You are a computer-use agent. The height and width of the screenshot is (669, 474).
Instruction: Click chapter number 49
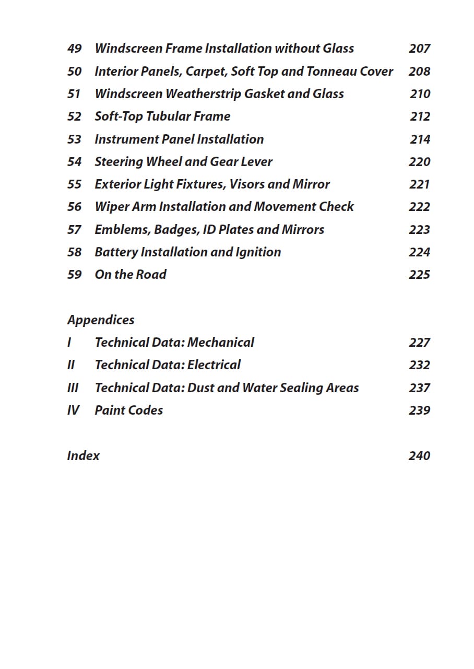75,49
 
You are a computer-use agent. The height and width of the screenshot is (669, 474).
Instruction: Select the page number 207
419,49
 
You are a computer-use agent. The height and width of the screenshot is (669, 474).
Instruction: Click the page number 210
420,94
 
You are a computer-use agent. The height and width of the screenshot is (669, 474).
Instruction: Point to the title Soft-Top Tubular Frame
162,116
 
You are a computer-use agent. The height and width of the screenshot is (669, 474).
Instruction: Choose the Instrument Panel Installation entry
179,139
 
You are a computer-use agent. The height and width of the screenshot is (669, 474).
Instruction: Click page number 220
419,162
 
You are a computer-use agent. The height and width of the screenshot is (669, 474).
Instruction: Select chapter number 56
75,207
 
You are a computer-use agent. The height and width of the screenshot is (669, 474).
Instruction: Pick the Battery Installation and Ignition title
187,252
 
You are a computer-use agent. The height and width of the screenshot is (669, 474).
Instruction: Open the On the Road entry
131,275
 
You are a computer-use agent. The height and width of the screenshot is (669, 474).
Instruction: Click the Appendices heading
101,320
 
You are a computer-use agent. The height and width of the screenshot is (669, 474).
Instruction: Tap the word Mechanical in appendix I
221,343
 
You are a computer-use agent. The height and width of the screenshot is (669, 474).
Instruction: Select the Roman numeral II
71,365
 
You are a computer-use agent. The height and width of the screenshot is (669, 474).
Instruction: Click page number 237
419,388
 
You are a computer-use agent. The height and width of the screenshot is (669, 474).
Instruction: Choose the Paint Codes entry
128,410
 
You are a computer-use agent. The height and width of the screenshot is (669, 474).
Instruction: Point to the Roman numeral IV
73,410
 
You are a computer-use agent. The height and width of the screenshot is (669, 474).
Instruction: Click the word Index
83,456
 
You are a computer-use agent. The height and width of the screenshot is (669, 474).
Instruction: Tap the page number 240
419,456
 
